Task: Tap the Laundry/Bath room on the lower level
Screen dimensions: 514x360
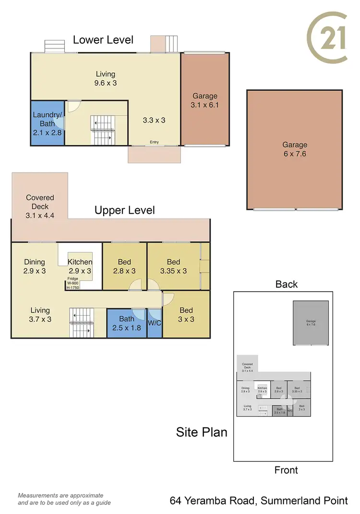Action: pos(47,123)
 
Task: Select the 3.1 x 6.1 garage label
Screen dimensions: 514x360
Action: pos(205,100)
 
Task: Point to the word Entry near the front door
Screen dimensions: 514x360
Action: pos(154,142)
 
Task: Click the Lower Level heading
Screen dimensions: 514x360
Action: pos(103,40)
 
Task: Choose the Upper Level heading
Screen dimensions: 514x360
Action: pos(124,210)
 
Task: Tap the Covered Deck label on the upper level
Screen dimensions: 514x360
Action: pos(40,207)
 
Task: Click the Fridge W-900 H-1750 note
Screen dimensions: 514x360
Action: pos(73,283)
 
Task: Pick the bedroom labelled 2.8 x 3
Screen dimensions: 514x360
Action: pos(124,266)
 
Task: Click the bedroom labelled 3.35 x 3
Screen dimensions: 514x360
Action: pos(173,266)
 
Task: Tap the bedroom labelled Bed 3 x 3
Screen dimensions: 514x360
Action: pos(186,314)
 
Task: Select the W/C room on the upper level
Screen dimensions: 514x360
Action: pos(154,323)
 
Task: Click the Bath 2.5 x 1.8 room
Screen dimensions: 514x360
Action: pos(126,323)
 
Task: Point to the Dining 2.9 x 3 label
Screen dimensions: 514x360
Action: pos(35,266)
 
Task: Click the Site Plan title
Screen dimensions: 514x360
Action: pos(202,432)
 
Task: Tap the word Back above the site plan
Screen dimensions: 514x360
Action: pos(287,284)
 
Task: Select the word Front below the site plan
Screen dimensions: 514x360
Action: pos(286,470)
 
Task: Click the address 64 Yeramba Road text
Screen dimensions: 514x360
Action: pos(259,501)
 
